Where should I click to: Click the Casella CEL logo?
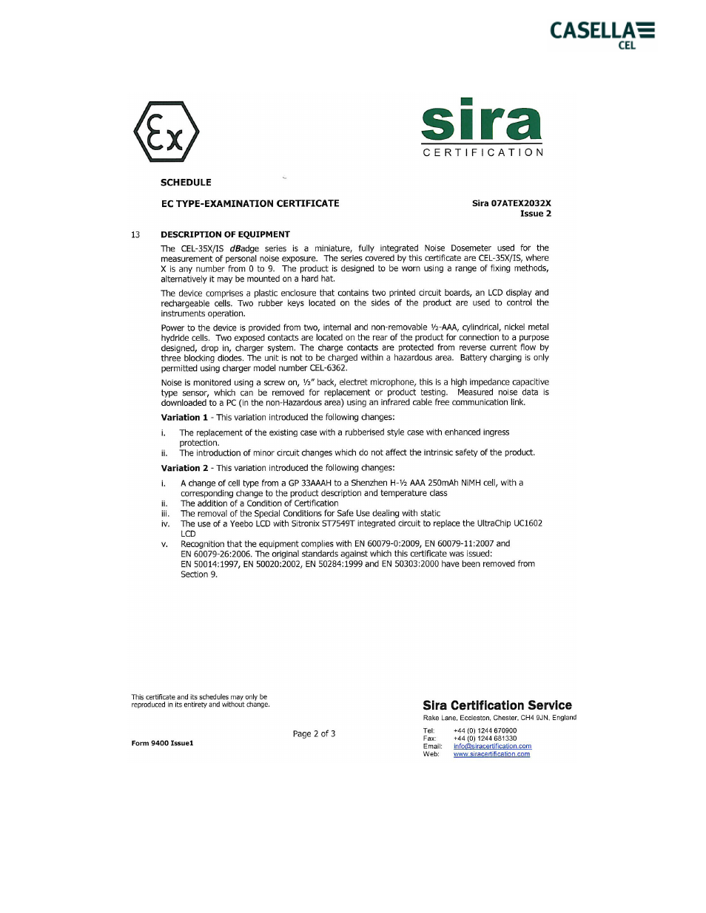(x=602, y=34)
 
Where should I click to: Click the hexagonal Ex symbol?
(x=167, y=132)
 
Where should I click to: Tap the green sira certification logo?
(x=482, y=127)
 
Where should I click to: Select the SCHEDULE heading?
(x=186, y=183)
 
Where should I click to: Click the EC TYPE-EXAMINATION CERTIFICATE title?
(x=250, y=203)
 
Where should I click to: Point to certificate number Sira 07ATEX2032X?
(x=511, y=203)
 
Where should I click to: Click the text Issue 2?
(x=535, y=214)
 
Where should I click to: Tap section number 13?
(x=135, y=234)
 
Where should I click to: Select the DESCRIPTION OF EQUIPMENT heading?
(x=225, y=234)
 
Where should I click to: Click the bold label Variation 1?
(x=184, y=418)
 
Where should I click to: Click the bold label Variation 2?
(x=184, y=468)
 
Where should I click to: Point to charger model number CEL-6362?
(x=327, y=368)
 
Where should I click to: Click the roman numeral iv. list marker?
(x=165, y=523)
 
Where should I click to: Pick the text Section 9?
(x=199, y=574)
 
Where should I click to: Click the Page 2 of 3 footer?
(x=314, y=734)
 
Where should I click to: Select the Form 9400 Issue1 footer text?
(x=162, y=743)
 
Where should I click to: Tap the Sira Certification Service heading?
(x=497, y=705)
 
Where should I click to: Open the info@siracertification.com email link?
(x=492, y=746)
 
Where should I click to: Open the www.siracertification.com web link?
(x=491, y=754)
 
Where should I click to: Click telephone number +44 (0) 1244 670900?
(x=485, y=730)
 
